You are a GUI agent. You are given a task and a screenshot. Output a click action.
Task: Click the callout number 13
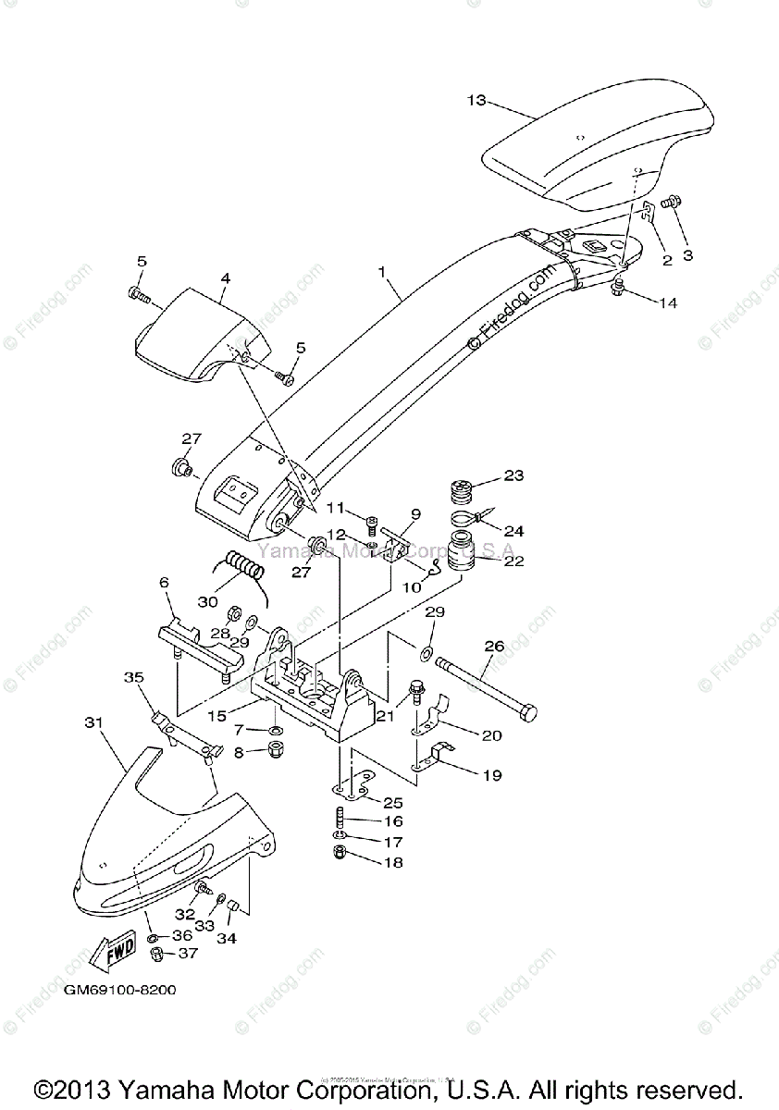pyautogui.click(x=476, y=101)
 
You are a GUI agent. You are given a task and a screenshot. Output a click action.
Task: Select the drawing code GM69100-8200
pyautogui.click(x=120, y=990)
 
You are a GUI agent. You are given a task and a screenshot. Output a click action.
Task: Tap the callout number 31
pyautogui.click(x=93, y=721)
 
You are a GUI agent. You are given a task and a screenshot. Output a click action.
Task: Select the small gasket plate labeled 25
pyautogui.click(x=352, y=787)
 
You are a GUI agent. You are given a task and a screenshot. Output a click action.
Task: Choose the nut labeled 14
pyautogui.click(x=620, y=292)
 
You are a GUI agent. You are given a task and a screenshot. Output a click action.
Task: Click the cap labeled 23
pyautogui.click(x=461, y=488)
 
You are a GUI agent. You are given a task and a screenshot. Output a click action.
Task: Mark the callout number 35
pyautogui.click(x=134, y=677)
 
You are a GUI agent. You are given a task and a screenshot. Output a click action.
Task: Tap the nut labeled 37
pyautogui.click(x=158, y=954)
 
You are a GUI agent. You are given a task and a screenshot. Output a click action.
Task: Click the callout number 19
pyautogui.click(x=491, y=775)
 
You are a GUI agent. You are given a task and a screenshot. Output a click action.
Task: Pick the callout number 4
pyautogui.click(x=225, y=277)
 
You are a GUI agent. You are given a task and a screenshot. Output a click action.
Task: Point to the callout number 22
pyautogui.click(x=513, y=561)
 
